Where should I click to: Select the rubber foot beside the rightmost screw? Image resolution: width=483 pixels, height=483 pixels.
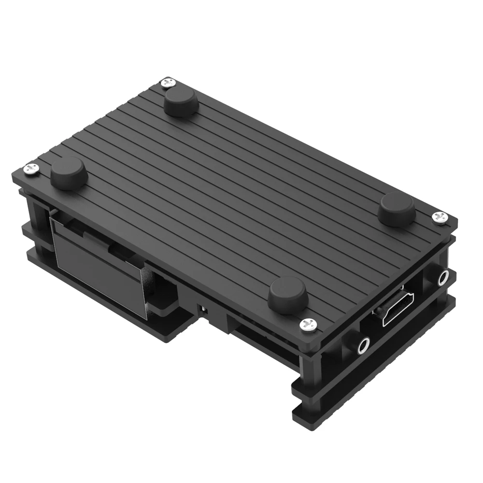(396, 208)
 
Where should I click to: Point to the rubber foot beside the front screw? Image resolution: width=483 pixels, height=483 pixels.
(288, 295)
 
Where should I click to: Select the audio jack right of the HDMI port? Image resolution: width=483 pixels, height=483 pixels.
(442, 279)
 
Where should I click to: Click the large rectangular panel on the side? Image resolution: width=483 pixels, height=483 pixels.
(97, 266)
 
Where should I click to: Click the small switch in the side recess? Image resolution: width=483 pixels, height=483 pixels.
(203, 309)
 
